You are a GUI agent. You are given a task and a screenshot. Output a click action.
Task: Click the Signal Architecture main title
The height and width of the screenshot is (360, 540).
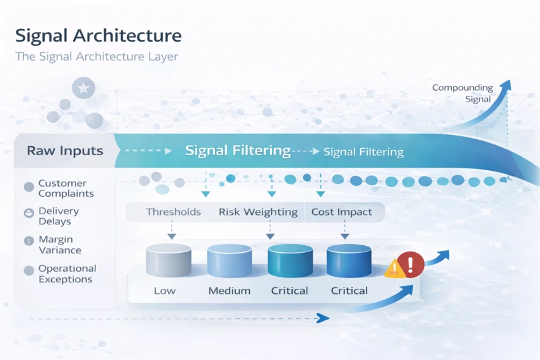[98, 36]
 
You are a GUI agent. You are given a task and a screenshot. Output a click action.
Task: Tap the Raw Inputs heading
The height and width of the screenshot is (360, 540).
[65, 151]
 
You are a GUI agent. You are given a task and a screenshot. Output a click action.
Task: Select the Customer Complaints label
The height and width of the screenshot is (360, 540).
[66, 189]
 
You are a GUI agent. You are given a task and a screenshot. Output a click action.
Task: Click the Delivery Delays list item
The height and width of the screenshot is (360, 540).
[59, 216]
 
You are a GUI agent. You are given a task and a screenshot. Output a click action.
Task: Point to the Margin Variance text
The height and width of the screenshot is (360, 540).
[60, 245]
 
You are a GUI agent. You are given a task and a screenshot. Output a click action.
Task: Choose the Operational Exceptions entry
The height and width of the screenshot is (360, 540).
[67, 274]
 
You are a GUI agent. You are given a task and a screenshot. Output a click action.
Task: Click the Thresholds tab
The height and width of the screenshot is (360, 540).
[173, 212]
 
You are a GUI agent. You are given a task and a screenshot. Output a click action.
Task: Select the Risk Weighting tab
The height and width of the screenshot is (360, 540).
[258, 212]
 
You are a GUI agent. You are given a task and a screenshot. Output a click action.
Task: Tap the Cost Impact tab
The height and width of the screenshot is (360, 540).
[342, 212]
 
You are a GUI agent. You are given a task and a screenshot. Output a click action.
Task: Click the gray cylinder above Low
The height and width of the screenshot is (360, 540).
[168, 260]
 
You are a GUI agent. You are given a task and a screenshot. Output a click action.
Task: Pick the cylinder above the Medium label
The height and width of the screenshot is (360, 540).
[230, 260]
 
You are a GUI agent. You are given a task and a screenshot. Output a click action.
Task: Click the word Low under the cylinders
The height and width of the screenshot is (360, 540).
[165, 291]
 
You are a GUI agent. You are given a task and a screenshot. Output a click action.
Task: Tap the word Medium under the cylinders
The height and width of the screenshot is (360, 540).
[230, 291]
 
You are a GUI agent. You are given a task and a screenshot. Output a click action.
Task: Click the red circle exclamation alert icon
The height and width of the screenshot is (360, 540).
[411, 264]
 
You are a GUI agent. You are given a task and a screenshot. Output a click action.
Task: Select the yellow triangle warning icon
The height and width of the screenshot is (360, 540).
[395, 269]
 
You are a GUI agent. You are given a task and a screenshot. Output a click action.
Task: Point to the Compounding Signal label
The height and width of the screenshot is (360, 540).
[462, 93]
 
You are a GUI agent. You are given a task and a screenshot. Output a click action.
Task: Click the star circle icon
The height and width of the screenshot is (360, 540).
[83, 88]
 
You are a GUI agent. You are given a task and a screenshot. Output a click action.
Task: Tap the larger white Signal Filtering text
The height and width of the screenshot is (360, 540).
[238, 151]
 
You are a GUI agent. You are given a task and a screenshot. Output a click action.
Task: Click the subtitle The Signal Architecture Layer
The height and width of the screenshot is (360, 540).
[97, 56]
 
